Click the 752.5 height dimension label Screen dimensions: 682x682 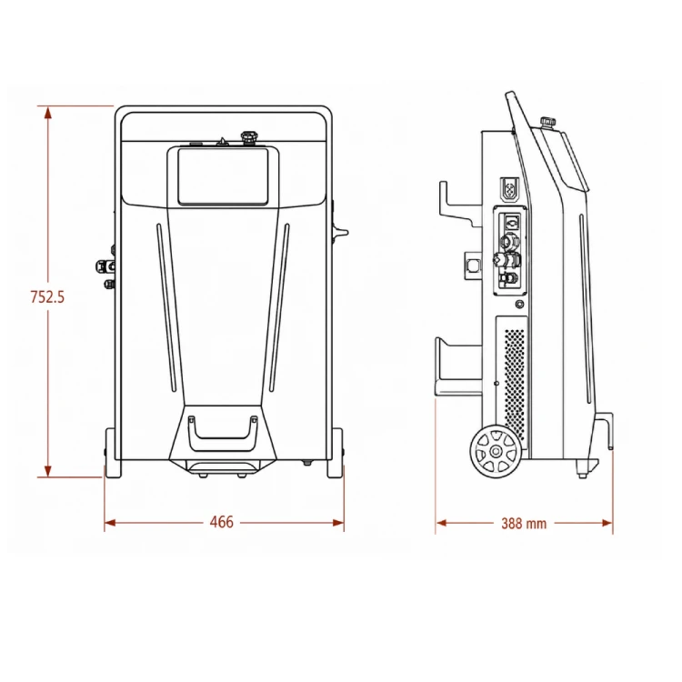[x=47, y=296]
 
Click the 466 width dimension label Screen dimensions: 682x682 [x=222, y=522]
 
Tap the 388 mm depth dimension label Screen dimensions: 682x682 [x=524, y=523]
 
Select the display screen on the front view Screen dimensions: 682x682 [x=223, y=176]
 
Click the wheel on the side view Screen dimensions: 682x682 [x=496, y=451]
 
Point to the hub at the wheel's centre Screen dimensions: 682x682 [x=496, y=451]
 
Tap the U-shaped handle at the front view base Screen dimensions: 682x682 [x=222, y=430]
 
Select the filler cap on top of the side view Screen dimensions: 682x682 [x=547, y=121]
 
